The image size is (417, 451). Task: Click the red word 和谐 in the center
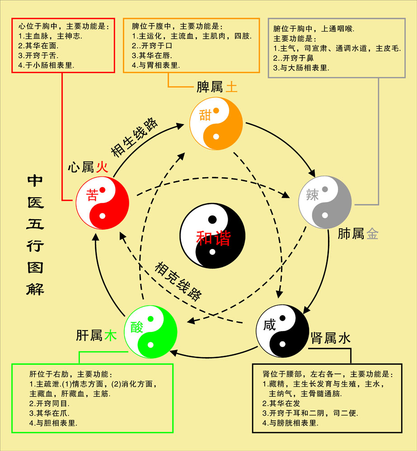click(x=213, y=238)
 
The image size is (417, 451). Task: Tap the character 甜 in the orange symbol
click(x=205, y=115)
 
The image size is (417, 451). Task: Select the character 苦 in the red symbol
click(x=92, y=195)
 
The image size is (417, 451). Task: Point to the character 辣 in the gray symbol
click(x=312, y=195)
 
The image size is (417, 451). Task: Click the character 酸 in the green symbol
click(x=136, y=327)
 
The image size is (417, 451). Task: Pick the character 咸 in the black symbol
click(x=269, y=325)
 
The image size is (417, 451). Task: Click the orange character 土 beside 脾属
click(x=231, y=87)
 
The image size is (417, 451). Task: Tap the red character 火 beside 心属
click(x=102, y=167)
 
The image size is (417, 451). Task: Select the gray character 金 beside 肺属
click(x=372, y=234)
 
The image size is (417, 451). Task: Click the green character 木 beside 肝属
click(x=110, y=336)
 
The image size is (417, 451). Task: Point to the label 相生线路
click(x=134, y=137)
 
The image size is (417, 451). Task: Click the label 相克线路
click(x=178, y=281)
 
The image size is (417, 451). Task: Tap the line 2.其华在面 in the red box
click(x=38, y=46)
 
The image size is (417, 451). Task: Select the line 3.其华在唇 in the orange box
click(x=152, y=55)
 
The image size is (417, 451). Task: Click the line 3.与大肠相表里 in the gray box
click(x=301, y=68)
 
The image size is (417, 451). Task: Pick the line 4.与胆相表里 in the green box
click(x=53, y=423)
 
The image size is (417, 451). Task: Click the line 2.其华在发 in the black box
click(x=281, y=404)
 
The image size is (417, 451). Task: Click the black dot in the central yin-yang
click(x=212, y=220)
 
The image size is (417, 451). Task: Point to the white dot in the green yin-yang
click(x=150, y=345)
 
